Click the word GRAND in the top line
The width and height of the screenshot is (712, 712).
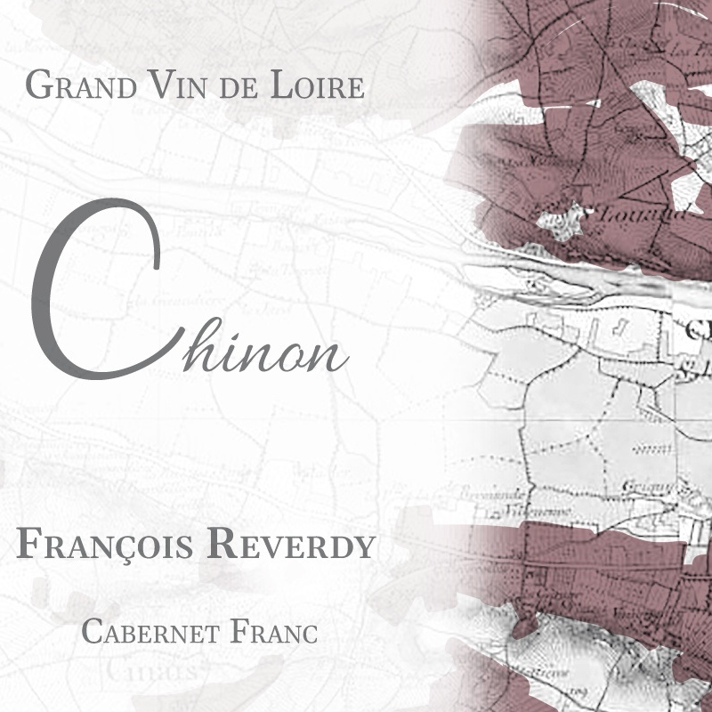79,86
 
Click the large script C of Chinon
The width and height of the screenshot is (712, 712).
89,285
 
